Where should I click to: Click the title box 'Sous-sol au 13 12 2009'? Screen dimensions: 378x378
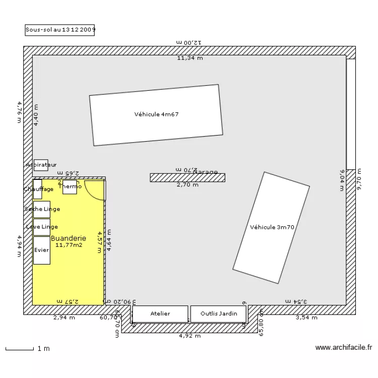60,30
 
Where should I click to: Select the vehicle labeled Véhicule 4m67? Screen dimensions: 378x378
156,115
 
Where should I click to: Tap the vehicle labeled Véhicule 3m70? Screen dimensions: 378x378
271,228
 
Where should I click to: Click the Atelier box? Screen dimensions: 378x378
160,314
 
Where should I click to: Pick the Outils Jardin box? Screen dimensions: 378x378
219,314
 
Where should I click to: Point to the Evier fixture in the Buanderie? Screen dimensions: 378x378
42,250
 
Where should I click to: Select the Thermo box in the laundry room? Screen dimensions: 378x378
70,187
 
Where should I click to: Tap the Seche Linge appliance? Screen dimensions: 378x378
42,209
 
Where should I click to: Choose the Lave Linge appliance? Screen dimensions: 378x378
42,227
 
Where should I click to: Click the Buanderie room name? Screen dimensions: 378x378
69,238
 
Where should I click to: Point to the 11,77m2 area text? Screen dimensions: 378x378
69,245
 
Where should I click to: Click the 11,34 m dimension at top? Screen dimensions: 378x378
190,58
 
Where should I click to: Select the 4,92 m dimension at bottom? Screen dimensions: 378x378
190,335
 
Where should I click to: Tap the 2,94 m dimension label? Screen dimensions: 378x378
65,318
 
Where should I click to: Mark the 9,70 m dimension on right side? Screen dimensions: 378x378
359,179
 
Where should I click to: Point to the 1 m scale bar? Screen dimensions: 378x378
20,348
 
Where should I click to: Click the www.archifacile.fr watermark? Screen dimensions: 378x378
343,347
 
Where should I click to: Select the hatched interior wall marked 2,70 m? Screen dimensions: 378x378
187,177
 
